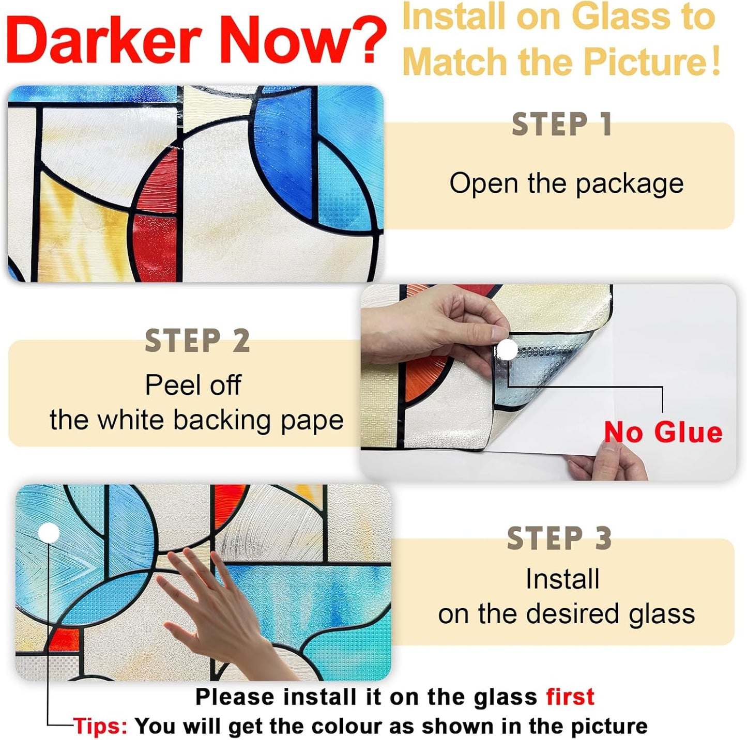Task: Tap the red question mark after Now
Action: [368, 40]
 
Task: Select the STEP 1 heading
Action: [562, 125]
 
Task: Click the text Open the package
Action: [566, 183]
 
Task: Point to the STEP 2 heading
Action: [197, 341]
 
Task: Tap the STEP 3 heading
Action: [560, 538]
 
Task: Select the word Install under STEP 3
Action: [562, 579]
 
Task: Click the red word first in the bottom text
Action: [570, 697]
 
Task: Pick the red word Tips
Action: [100, 726]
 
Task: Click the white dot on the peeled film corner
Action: [508, 350]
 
